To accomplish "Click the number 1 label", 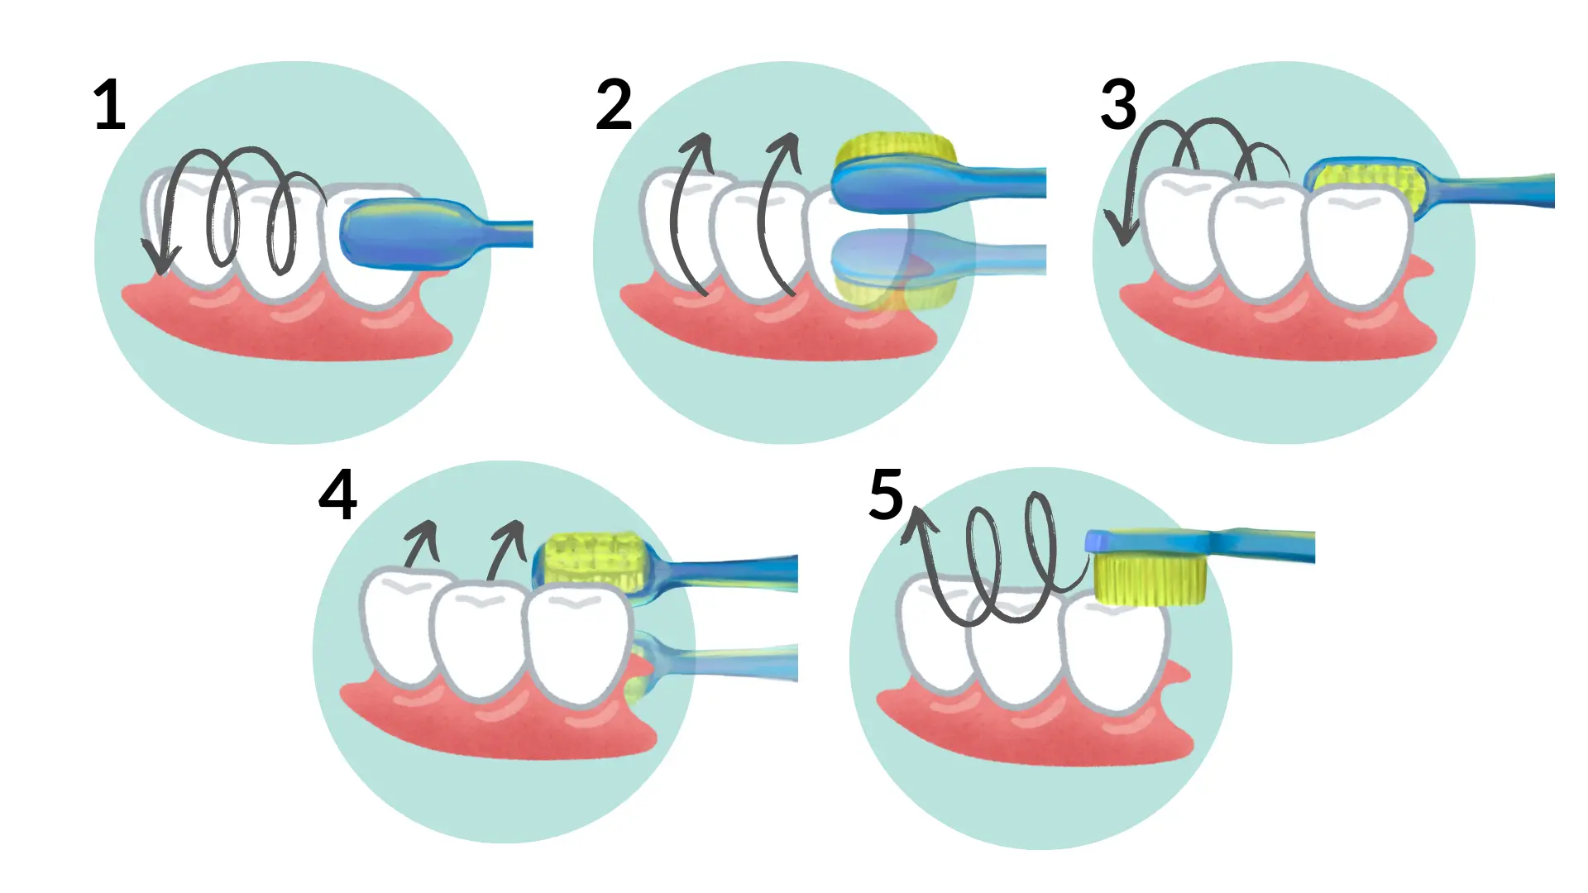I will tap(109, 105).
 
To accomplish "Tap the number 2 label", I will tap(614, 105).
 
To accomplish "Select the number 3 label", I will tap(1118, 105).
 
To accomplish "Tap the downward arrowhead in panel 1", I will tap(160, 259).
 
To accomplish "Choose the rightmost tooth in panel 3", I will tap(1356, 244).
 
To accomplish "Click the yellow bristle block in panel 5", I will tap(1150, 579).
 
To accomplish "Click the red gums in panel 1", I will tap(289, 327).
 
